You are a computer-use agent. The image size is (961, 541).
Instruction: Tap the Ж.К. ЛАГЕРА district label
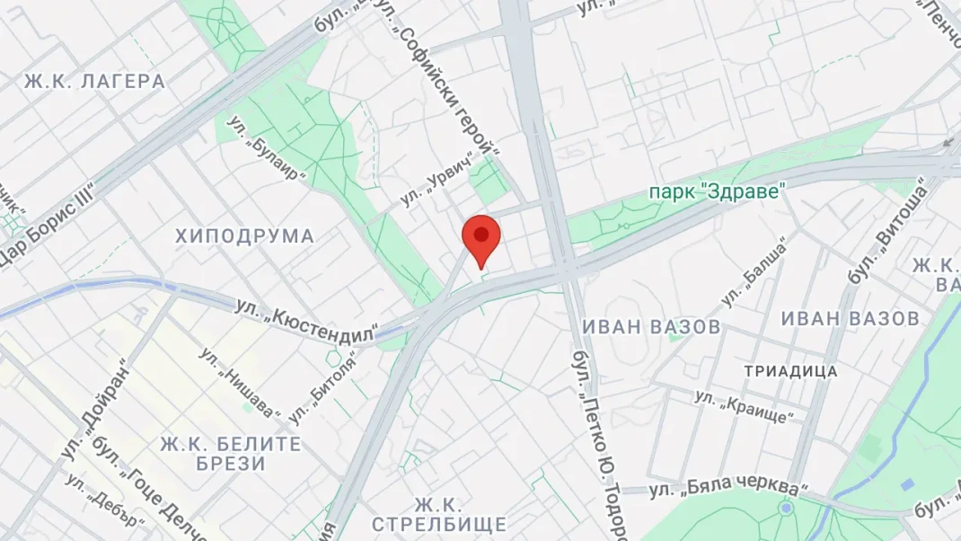click(x=94, y=82)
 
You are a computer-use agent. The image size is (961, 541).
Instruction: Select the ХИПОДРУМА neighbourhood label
click(x=244, y=236)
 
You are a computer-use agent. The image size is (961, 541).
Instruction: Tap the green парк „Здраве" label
click(x=719, y=191)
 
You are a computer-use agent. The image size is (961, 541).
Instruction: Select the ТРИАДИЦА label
click(x=790, y=371)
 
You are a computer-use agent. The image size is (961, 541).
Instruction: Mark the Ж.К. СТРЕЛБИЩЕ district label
click(x=438, y=515)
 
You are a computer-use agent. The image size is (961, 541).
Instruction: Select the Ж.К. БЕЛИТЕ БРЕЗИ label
click(x=231, y=454)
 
